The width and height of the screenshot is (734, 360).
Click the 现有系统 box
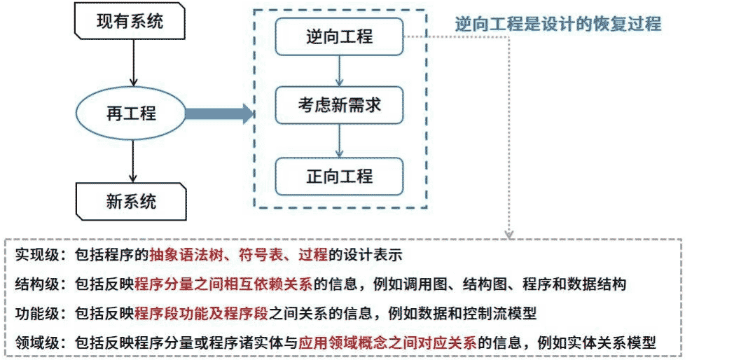click(x=130, y=22)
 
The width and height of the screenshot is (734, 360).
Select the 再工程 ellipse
click(x=131, y=113)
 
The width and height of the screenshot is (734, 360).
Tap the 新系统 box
click(x=131, y=202)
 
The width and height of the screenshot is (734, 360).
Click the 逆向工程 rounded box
click(x=339, y=37)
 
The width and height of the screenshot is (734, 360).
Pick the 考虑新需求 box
click(x=339, y=106)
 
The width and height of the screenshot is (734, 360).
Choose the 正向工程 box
click(x=339, y=176)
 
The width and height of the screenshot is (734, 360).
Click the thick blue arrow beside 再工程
click(x=218, y=113)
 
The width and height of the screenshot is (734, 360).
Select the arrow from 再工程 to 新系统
click(x=131, y=160)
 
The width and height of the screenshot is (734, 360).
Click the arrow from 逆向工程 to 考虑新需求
click(x=339, y=71)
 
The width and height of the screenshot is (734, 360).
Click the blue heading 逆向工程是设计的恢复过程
click(x=558, y=23)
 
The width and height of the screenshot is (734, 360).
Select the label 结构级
click(x=36, y=284)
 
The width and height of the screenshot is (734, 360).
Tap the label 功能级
click(x=36, y=313)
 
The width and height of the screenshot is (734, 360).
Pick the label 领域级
click(x=36, y=343)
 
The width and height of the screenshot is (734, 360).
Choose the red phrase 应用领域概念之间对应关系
click(x=387, y=343)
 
